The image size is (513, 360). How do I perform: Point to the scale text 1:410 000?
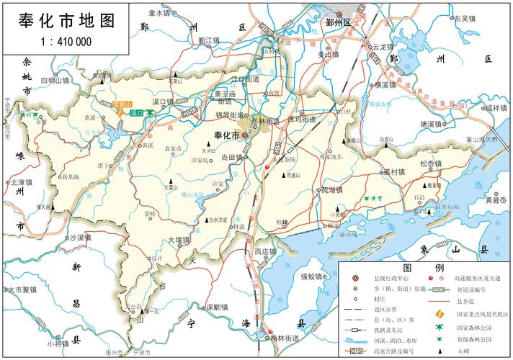(x=65, y=41)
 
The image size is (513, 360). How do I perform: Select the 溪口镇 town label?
(x=164, y=102)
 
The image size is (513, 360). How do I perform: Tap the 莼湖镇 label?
(x=333, y=190)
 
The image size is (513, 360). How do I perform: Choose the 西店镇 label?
(x=265, y=251)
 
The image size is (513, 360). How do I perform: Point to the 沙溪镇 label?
(x=81, y=237)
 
